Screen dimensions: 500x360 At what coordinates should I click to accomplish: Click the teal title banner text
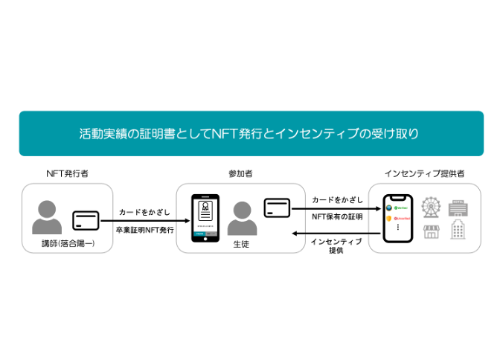pos(249,134)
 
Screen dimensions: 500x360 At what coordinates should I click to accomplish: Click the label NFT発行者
pos(67,174)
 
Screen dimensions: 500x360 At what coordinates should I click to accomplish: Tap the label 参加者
pos(240,174)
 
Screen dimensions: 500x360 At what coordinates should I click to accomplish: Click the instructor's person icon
pos(48,216)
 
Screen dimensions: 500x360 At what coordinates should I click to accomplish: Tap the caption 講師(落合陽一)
pos(68,244)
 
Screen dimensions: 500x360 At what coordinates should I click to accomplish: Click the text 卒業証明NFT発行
pos(144,230)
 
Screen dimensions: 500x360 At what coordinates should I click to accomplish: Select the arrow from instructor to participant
pos(144,221)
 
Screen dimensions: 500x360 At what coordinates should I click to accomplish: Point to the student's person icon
pos(241,217)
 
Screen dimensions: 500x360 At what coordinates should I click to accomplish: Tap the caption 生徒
pos(241,244)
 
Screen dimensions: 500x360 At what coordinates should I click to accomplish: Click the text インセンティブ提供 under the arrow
pos(336,245)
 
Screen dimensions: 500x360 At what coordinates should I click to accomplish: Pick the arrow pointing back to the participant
pos(336,234)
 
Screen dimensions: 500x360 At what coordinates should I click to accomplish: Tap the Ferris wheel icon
pos(431,206)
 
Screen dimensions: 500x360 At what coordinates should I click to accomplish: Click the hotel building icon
pos(458,206)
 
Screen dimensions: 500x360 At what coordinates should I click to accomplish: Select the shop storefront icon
pos(431,231)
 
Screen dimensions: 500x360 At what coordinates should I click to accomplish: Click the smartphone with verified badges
pos(397,219)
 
